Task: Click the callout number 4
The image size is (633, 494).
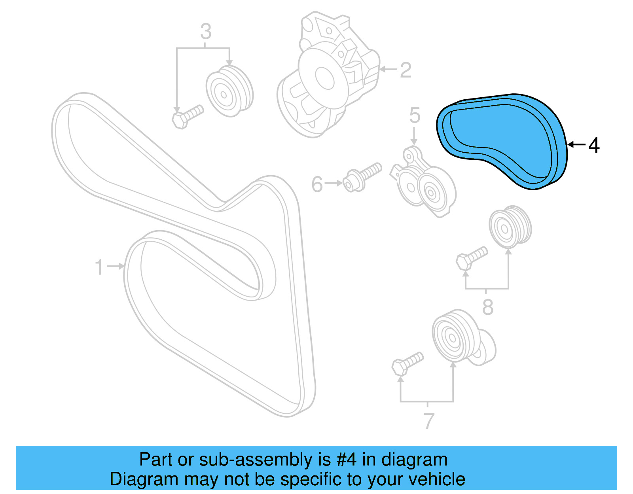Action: coord(594,146)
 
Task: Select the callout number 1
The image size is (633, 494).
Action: coord(99,267)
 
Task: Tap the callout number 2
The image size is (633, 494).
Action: coord(406,70)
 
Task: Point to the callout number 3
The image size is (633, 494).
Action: coord(206,32)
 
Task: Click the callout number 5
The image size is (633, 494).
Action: coord(414,115)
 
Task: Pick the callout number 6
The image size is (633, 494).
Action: coord(317,184)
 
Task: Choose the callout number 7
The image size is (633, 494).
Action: coord(429,421)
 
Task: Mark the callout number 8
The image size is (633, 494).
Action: coord(488,307)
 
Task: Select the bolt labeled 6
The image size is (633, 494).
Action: coord(362,177)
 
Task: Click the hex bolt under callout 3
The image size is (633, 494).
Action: coord(187,116)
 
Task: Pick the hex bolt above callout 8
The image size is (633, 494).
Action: coord(471,257)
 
